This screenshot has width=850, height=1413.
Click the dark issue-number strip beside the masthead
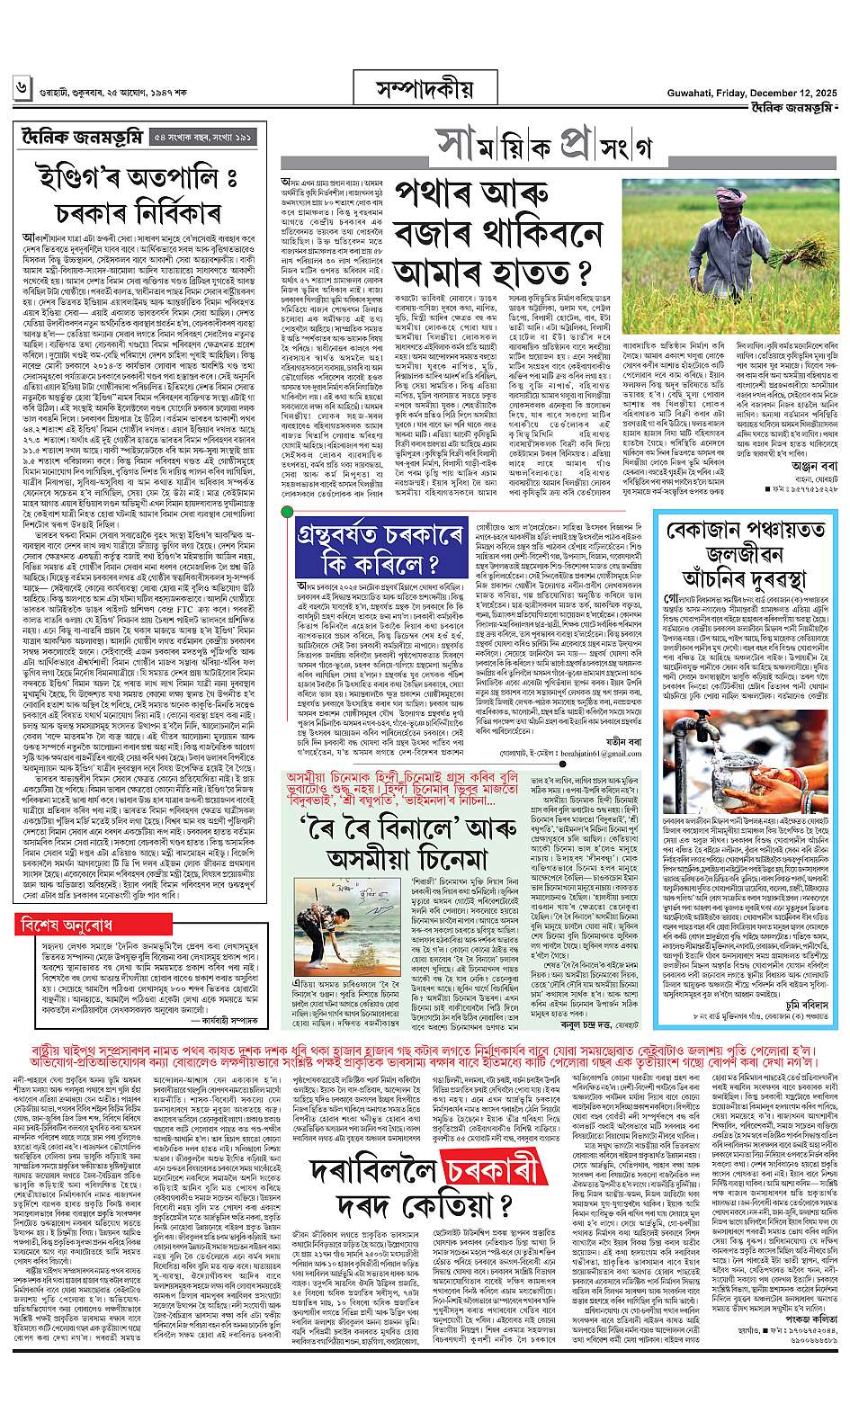click(x=201, y=138)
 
